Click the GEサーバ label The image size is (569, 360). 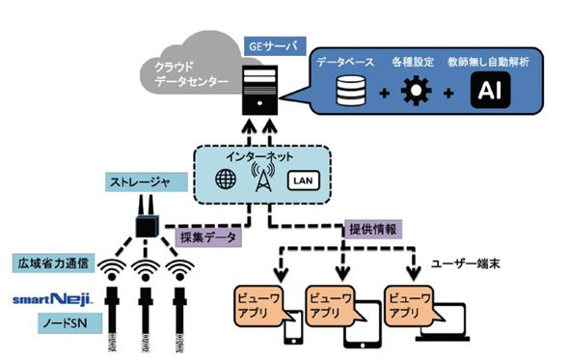(275, 46)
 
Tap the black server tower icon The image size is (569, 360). (259, 90)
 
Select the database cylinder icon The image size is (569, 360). (350, 91)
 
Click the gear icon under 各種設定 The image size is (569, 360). (416, 91)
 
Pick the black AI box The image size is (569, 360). (490, 90)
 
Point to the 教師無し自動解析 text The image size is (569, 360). (488, 62)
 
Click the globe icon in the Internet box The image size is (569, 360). (226, 179)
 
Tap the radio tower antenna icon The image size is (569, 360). (263, 177)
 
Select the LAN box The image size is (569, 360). (304, 180)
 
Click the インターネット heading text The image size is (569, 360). (259, 156)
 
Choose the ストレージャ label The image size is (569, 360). (147, 182)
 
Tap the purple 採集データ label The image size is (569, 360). (208, 238)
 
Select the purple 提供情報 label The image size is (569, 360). (372, 230)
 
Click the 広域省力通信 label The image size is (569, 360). (53, 263)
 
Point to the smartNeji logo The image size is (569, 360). (53, 299)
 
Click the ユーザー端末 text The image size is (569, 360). (465, 264)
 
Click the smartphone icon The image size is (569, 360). (293, 328)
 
